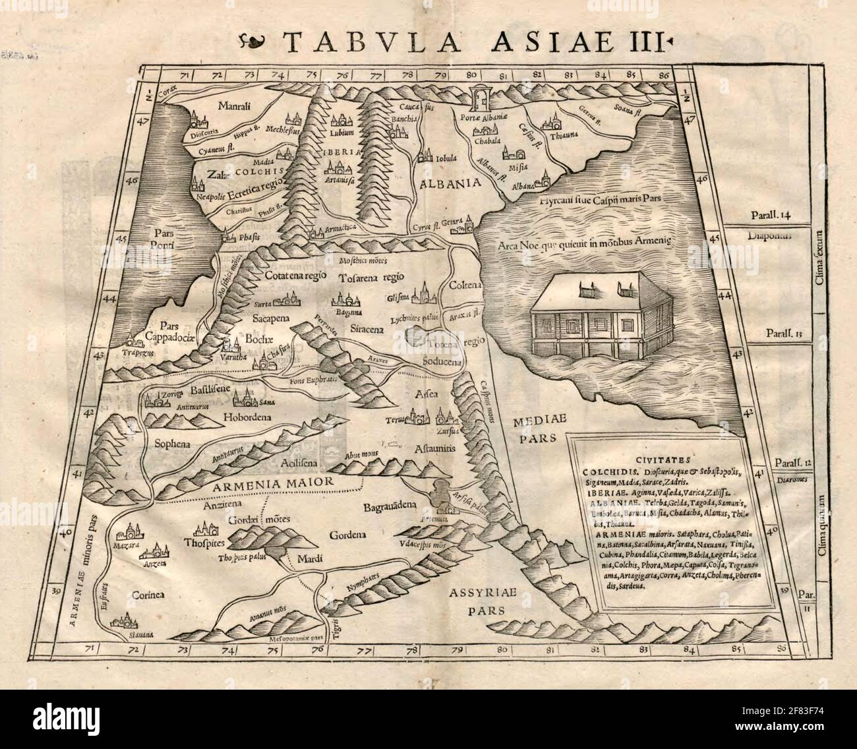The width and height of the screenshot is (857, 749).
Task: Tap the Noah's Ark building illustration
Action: (x=605, y=315)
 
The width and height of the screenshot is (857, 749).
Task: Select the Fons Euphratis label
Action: (x=313, y=381)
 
